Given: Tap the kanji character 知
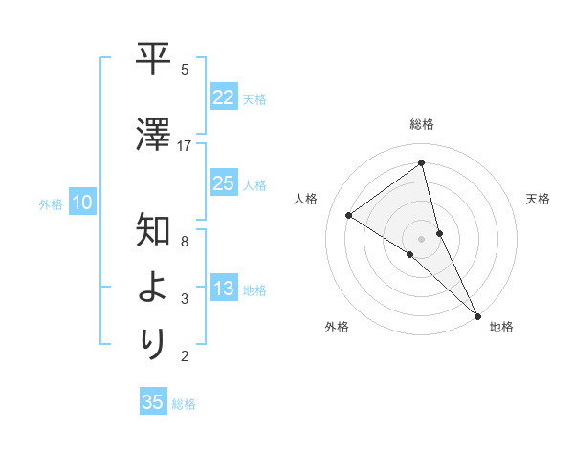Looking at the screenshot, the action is (x=154, y=231).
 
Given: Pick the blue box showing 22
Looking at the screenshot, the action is (x=223, y=96).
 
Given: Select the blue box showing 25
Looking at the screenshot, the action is (x=223, y=183).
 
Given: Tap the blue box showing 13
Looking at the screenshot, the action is (x=223, y=289).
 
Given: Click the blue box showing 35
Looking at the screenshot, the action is (x=153, y=402).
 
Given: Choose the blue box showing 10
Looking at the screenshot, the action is (x=82, y=203).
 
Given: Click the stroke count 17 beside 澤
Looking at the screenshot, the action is (x=185, y=145).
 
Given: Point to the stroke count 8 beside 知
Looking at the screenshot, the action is (x=185, y=241).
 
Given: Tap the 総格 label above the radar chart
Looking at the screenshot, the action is (x=422, y=124).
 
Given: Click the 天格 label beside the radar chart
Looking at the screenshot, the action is (x=538, y=199).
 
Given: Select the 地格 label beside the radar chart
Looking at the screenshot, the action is (x=501, y=327).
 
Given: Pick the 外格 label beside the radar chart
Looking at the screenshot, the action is (x=337, y=327).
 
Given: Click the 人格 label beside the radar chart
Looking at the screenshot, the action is (x=306, y=199).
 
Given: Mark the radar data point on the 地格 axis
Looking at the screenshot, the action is (x=477, y=314).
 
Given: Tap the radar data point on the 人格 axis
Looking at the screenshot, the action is (x=348, y=215).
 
